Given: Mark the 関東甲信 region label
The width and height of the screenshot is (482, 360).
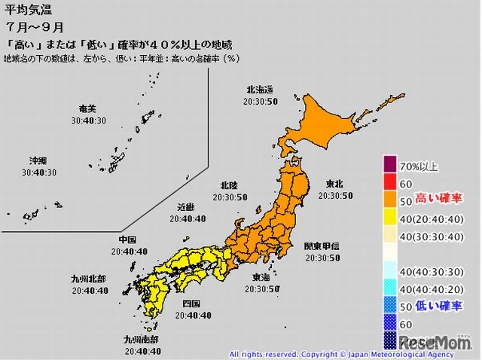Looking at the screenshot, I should (322, 247).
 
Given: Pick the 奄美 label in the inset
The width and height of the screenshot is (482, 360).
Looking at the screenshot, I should (89, 109).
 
